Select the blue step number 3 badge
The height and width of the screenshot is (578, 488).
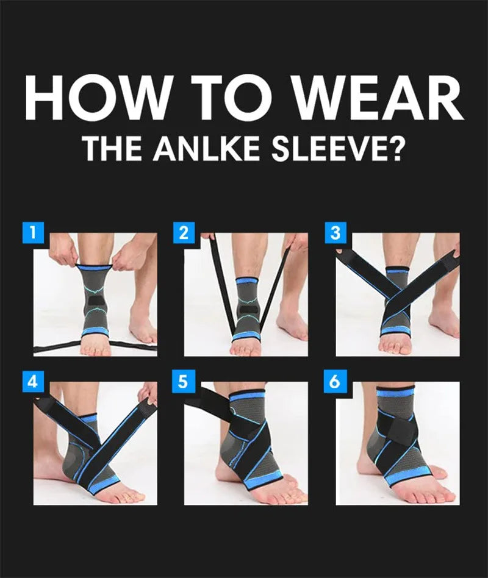tap(335, 232)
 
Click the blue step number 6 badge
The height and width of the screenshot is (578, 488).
tap(335, 382)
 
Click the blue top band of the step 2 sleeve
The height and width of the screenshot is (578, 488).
tap(246, 282)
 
